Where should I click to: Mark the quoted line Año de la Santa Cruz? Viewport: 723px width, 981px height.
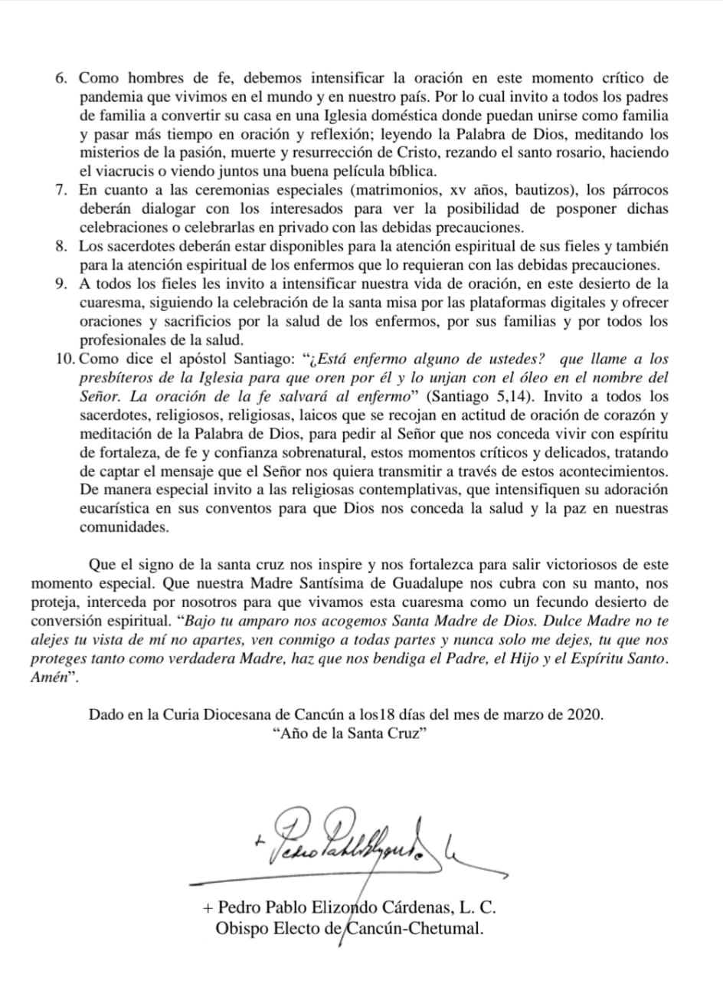(x=348, y=733)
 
